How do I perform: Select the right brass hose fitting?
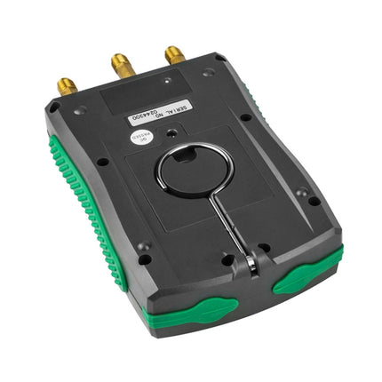coord(174,56)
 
